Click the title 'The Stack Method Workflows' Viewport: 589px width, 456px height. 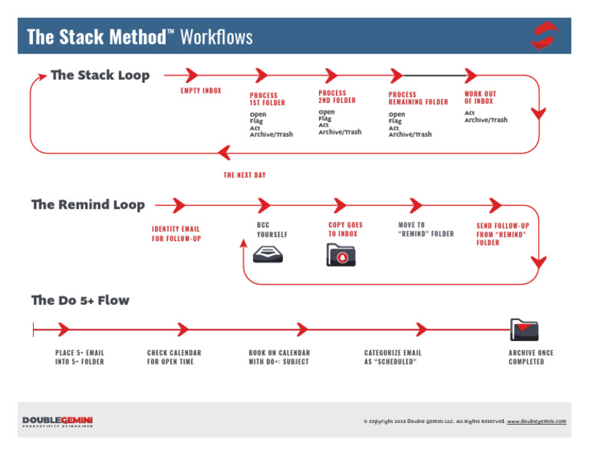coord(140,37)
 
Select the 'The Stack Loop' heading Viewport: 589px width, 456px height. coord(100,75)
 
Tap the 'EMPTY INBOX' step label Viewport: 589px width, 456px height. coord(201,91)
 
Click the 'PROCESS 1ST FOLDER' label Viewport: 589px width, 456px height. coord(267,99)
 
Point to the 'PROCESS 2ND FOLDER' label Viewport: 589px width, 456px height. coord(337,97)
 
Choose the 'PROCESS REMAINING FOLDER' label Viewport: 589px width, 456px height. coord(418,99)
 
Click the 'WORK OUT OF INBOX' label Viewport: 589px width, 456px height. coord(479,97)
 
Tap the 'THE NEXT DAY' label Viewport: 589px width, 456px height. coord(245,175)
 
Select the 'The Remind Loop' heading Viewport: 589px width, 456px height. coord(87,205)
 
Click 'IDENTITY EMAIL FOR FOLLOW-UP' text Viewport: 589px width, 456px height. coord(176,234)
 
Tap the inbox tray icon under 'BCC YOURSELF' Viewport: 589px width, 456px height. coord(268,254)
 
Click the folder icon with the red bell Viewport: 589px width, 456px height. coord(341,254)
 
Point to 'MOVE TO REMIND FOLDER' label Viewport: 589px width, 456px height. coord(426,230)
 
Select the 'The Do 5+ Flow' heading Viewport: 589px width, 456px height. coord(80,300)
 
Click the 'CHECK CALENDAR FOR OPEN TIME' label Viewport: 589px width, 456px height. coord(174,357)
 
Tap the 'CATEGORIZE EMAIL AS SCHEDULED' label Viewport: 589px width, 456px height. coord(393,357)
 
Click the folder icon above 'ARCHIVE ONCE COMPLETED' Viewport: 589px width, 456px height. coord(525,329)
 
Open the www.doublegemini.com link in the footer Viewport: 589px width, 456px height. coord(536,421)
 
